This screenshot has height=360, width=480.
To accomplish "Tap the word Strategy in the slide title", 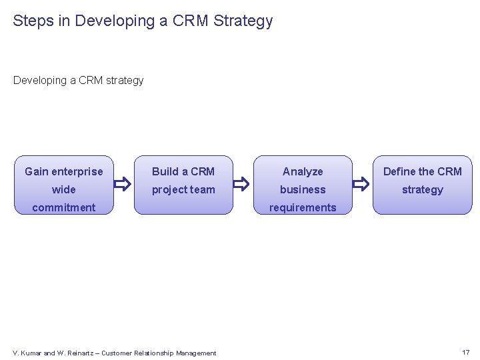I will pyautogui.click(x=243, y=21).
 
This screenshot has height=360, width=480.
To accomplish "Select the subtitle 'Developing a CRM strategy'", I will pyautogui.click(x=78, y=81).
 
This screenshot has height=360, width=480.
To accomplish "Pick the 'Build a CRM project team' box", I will pyautogui.click(x=183, y=186).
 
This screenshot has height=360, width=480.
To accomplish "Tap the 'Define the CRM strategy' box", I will pyautogui.click(x=422, y=186).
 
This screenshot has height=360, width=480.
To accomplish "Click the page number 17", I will pyautogui.click(x=465, y=352).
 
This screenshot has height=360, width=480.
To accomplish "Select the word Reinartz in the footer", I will pyautogui.click(x=81, y=353).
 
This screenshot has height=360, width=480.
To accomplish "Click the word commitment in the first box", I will pyautogui.click(x=64, y=207).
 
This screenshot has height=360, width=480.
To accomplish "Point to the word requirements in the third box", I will pyautogui.click(x=303, y=207).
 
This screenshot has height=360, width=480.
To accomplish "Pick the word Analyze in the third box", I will pyautogui.click(x=303, y=171).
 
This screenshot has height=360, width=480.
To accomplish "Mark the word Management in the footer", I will pyautogui.click(x=193, y=353).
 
